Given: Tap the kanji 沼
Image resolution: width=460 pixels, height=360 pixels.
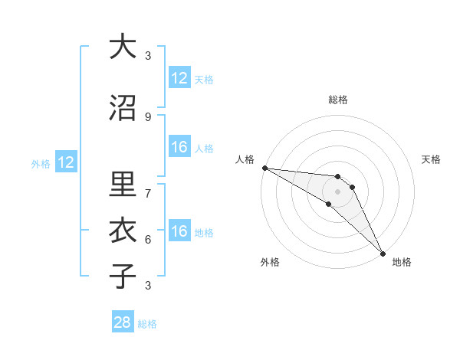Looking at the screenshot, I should (x=123, y=109).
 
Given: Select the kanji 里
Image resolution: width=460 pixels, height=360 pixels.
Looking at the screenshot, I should (x=123, y=184).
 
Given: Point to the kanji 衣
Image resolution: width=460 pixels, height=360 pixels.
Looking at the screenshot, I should (x=123, y=231).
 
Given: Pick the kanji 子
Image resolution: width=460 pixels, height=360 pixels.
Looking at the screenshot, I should (x=123, y=277).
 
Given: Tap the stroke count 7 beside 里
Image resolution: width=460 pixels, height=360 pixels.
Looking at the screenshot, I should (x=148, y=192).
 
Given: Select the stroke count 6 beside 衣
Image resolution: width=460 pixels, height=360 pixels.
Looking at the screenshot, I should (x=148, y=239).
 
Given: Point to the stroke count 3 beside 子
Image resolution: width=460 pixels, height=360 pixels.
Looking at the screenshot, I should (x=148, y=286).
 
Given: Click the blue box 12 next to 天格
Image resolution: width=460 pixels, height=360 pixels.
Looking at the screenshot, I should (x=179, y=78).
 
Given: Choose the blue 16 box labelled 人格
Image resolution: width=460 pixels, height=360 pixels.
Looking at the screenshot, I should (x=179, y=148).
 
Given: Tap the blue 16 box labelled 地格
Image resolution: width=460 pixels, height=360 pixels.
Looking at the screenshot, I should (x=179, y=232).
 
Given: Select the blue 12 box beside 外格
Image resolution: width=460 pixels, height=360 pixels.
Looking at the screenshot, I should (x=65, y=162).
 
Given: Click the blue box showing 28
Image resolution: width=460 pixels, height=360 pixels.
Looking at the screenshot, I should (x=123, y=322).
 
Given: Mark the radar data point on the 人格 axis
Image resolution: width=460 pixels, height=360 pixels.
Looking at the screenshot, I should (x=264, y=168).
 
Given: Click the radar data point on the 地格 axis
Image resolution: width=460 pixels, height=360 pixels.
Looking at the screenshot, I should (x=382, y=253).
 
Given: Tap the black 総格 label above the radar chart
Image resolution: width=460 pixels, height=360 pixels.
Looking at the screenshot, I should (x=338, y=100).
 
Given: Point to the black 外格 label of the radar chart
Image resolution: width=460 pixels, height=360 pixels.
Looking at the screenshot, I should (x=270, y=262).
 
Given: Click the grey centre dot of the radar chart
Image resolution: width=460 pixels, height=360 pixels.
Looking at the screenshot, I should (x=337, y=191).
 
